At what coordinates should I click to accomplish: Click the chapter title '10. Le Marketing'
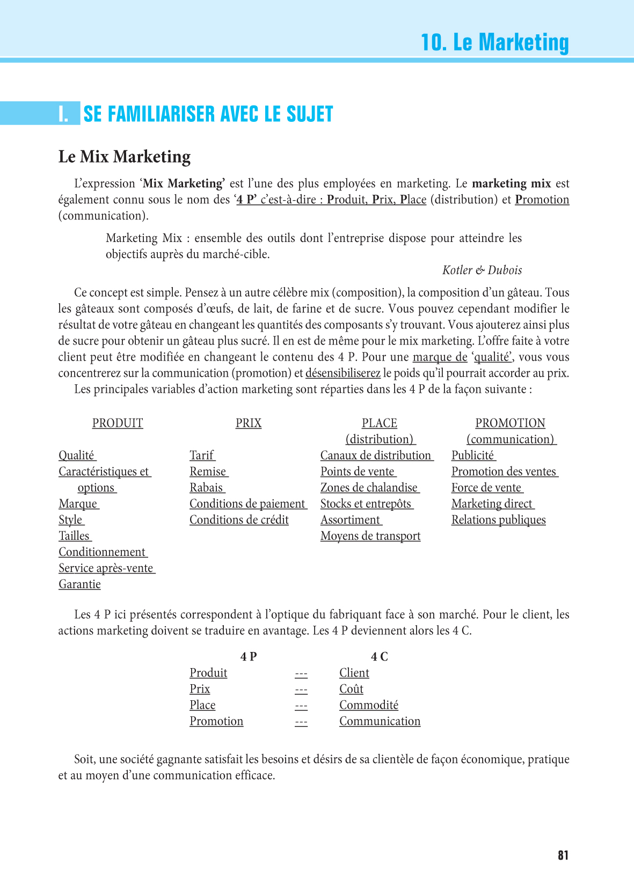pos(494,42)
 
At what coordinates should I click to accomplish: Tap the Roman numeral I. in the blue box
pos(64,114)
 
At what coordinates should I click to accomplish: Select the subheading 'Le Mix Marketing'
pos(125,157)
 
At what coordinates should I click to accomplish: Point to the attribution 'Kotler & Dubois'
pos(482,270)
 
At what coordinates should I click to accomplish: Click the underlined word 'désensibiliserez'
pos(342,373)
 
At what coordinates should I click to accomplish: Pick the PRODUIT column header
pos(118,423)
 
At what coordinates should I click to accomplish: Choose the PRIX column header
pos(249,423)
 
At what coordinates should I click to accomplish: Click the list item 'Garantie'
pos(79,584)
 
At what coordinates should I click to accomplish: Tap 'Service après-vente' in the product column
pos(106,568)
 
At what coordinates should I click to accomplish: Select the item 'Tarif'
pos(202,456)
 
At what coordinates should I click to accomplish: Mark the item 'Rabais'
pos(207,488)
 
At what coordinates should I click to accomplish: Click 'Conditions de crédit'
pos(239,520)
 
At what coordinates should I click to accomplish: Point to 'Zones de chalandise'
pos(369,488)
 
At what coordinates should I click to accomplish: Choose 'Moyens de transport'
pos(370,536)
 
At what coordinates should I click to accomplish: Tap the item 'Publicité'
pos(473,456)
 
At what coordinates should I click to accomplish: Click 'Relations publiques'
pos(498,520)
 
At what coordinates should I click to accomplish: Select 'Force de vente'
pos(486,488)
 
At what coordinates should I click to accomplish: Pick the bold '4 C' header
pos(380,657)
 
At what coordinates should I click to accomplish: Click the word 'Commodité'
pos(369,705)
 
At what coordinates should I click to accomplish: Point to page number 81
pos(563,855)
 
